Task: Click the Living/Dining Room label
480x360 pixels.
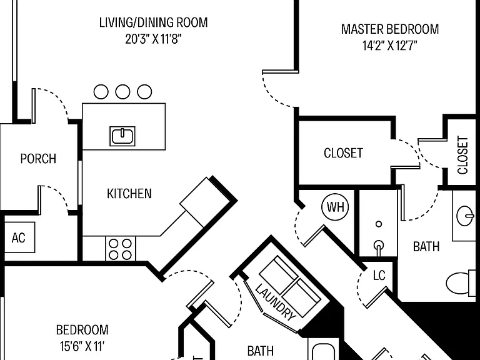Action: click(x=153, y=22)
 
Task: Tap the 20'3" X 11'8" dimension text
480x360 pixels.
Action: click(x=153, y=39)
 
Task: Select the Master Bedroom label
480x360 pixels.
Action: click(x=390, y=29)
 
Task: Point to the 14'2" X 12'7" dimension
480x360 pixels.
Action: click(x=390, y=46)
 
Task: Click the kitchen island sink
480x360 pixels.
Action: click(x=122, y=136)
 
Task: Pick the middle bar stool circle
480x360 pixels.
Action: click(x=122, y=91)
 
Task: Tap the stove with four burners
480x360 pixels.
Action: click(x=120, y=249)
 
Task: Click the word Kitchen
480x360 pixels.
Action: click(x=129, y=194)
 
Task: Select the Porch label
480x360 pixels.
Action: click(x=38, y=159)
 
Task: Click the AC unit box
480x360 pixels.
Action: click(x=19, y=237)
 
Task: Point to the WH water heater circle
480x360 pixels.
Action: click(x=335, y=207)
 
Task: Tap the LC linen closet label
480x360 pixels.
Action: click(x=379, y=276)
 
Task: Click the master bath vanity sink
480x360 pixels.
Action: click(x=466, y=216)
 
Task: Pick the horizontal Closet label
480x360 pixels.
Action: click(x=344, y=153)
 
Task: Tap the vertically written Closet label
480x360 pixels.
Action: click(x=462, y=155)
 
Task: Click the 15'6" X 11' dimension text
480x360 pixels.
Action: click(x=82, y=346)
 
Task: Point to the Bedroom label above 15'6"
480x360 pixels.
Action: click(x=82, y=330)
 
